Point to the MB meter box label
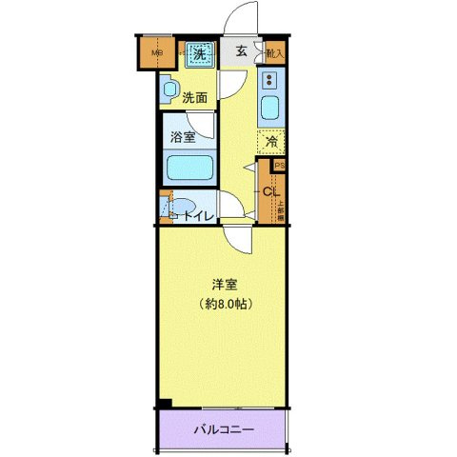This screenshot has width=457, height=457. coord(158,53)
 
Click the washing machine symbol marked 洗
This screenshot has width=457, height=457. coord(200,53)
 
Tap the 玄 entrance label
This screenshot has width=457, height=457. coord(242,52)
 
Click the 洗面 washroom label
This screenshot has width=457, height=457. coord(194,96)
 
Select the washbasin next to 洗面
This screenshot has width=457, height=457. coord(169,90)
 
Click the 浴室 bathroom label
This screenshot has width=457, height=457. coord(184,136)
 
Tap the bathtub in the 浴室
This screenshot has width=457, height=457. coord(189,169)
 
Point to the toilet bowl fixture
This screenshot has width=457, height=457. coord(181,206)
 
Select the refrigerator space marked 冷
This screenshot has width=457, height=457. coord(270,142)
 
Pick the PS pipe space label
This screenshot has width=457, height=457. coord(279,165)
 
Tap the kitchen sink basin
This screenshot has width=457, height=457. coord(269,108)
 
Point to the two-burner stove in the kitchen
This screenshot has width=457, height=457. coord(269,80)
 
